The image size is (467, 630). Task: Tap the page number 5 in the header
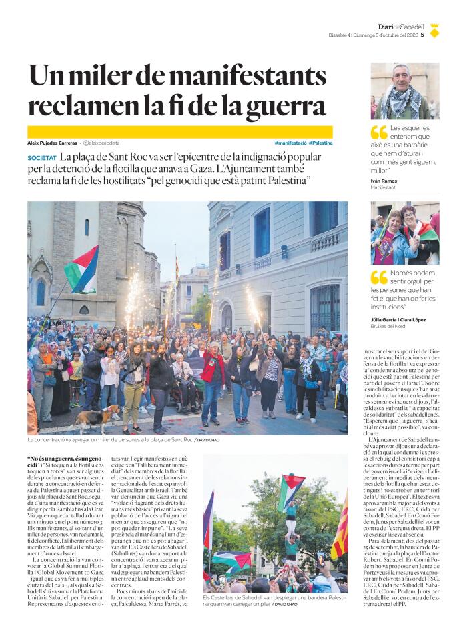422,35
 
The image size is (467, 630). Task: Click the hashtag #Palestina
320,143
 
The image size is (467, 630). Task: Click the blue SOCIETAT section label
42,158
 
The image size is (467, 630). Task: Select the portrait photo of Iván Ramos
405,91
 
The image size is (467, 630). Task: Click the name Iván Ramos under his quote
385,181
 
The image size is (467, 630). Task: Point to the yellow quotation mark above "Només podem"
378,277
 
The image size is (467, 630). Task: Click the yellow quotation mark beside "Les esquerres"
378,133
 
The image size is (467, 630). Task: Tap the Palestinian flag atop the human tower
291,489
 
